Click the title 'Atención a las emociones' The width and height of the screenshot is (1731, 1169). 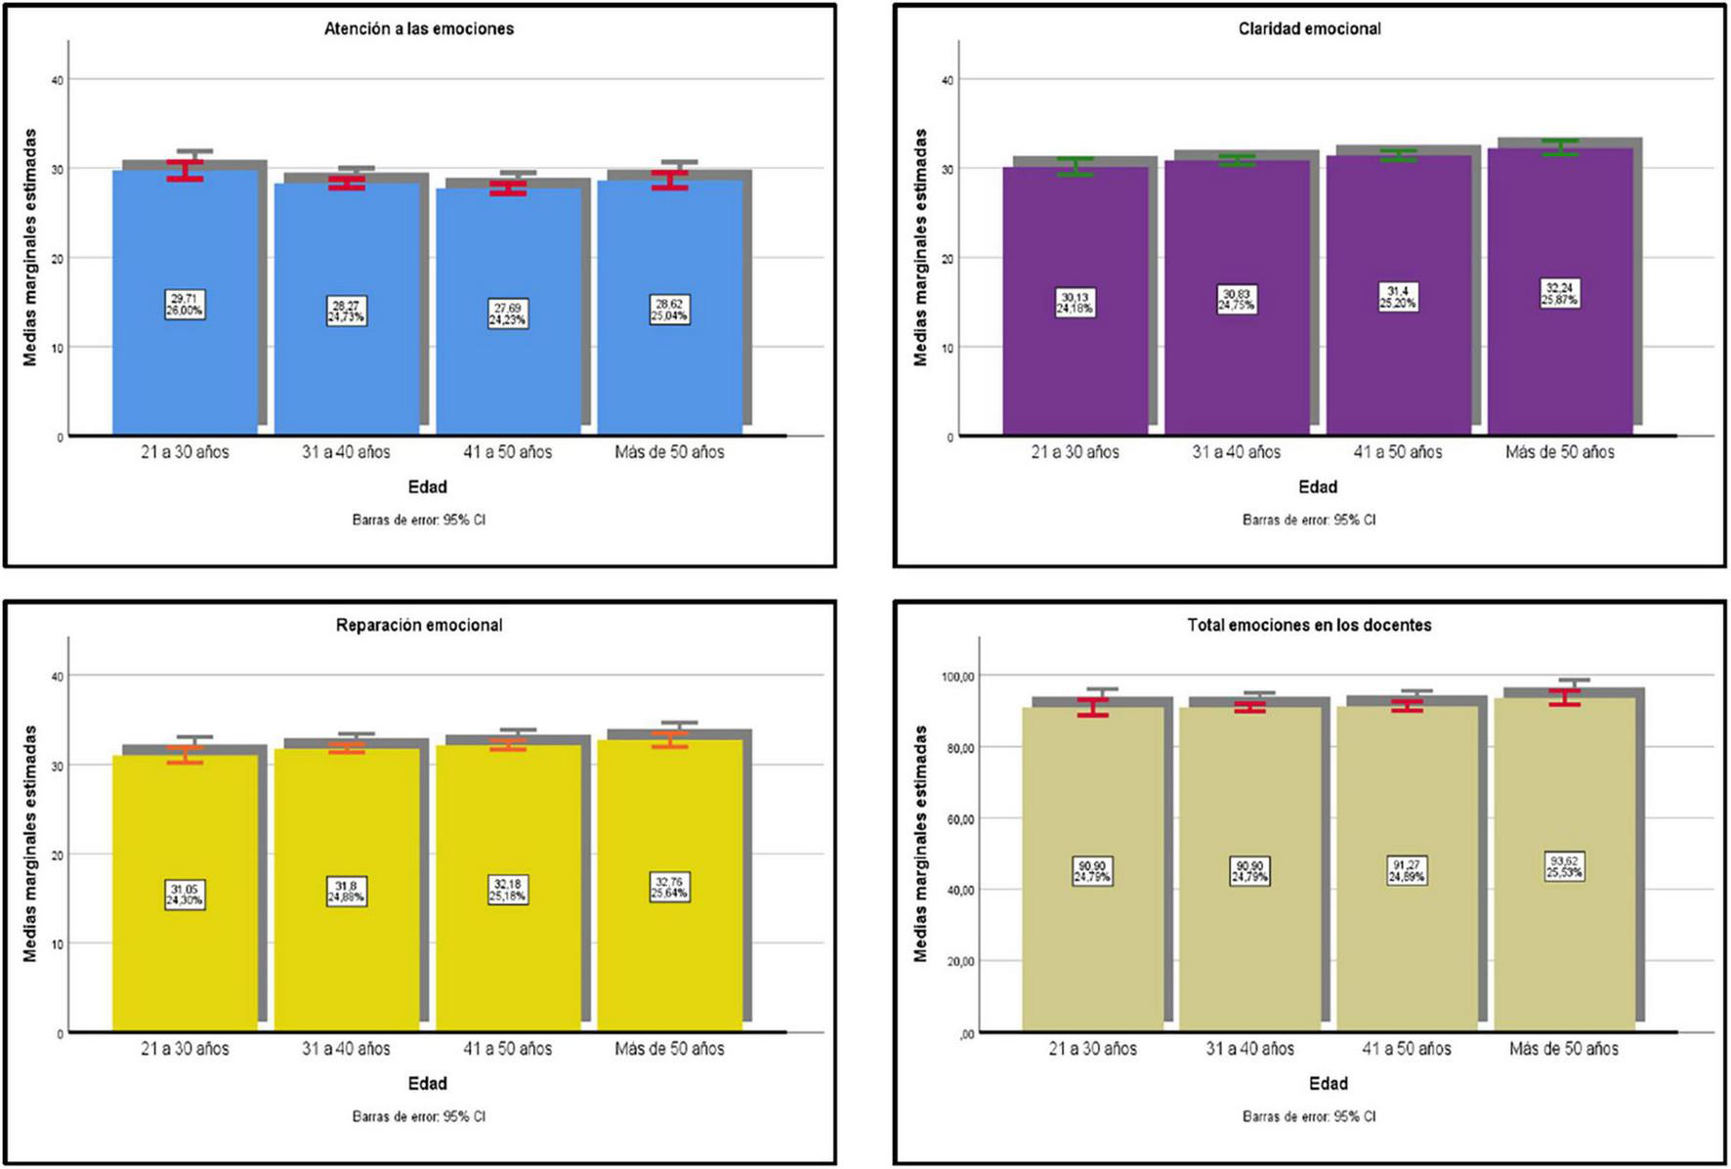click(x=419, y=29)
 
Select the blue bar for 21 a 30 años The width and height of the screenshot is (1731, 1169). click(x=185, y=371)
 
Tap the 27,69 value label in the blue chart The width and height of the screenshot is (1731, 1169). click(x=507, y=313)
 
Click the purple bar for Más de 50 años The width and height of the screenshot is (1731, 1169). click(x=1560, y=371)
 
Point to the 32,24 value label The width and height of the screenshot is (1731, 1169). click(x=1560, y=294)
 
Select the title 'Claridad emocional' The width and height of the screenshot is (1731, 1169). click(x=1309, y=29)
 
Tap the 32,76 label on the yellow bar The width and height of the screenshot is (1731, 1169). click(x=669, y=887)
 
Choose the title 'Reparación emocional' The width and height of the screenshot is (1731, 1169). click(x=419, y=625)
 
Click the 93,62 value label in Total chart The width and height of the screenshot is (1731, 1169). click(x=1564, y=866)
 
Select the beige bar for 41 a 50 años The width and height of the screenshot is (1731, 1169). click(x=1407, y=957)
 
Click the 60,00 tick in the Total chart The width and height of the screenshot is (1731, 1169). click(x=959, y=818)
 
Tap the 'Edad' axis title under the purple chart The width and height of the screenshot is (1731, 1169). click(x=1318, y=486)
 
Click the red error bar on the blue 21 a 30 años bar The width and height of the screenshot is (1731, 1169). click(x=185, y=171)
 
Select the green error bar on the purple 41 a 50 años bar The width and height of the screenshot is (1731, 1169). click(x=1398, y=155)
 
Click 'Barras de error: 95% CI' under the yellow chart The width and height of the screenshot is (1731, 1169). click(x=419, y=1116)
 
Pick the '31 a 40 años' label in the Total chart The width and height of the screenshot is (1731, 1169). click(x=1249, y=1049)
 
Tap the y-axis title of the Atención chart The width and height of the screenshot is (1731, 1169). click(x=30, y=248)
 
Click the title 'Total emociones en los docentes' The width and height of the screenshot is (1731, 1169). click(x=1309, y=625)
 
